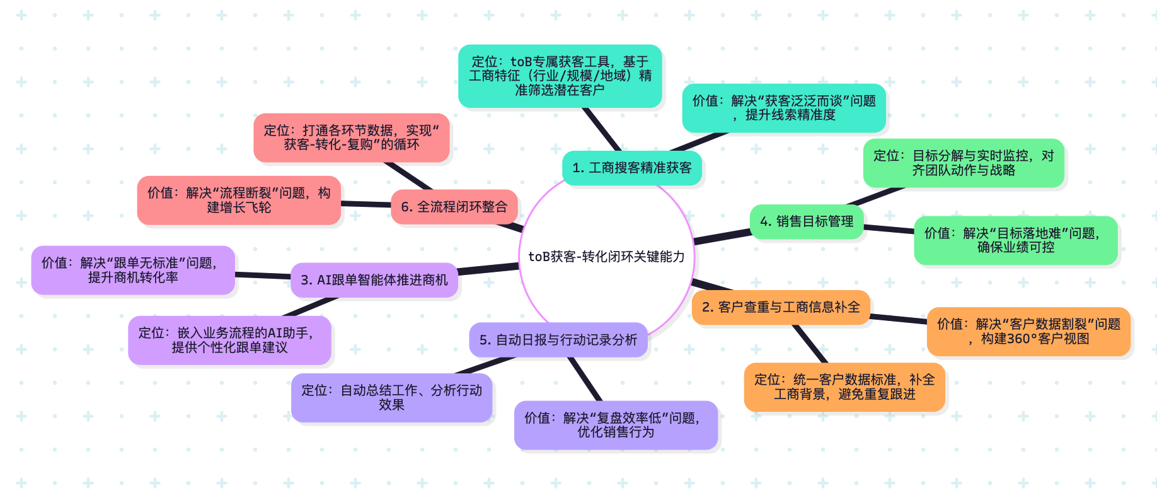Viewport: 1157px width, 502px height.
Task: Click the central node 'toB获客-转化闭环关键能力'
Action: click(606, 257)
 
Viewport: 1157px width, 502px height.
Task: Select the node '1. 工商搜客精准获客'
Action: click(631, 168)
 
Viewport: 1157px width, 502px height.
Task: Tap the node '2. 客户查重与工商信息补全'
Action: click(781, 307)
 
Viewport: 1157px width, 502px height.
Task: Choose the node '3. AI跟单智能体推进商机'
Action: click(374, 280)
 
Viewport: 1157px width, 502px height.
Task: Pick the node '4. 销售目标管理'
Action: click(807, 221)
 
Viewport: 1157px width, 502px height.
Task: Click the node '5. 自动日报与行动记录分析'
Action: click(558, 340)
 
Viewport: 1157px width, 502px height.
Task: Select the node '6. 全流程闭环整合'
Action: click(454, 207)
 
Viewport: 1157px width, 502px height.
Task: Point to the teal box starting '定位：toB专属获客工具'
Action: click(560, 76)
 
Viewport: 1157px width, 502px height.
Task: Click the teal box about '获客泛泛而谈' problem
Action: click(784, 108)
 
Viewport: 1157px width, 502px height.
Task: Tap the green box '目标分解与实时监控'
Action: click(964, 163)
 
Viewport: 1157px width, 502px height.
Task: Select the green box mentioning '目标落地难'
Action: click(1015, 240)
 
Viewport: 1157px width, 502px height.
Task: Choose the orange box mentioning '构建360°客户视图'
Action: click(1028, 331)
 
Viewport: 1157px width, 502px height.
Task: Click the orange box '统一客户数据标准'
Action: click(844, 387)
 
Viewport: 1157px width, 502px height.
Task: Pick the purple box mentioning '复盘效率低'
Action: click(616, 425)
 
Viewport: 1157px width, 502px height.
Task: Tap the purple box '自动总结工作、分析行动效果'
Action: click(391, 397)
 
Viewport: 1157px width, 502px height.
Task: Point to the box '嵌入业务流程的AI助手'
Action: click(229, 340)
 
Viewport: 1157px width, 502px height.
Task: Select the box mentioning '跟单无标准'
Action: click(133, 270)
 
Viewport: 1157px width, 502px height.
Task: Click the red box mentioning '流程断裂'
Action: click(239, 200)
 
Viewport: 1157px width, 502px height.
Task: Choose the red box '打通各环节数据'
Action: click(351, 137)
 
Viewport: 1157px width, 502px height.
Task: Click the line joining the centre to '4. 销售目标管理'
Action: click(722, 236)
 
